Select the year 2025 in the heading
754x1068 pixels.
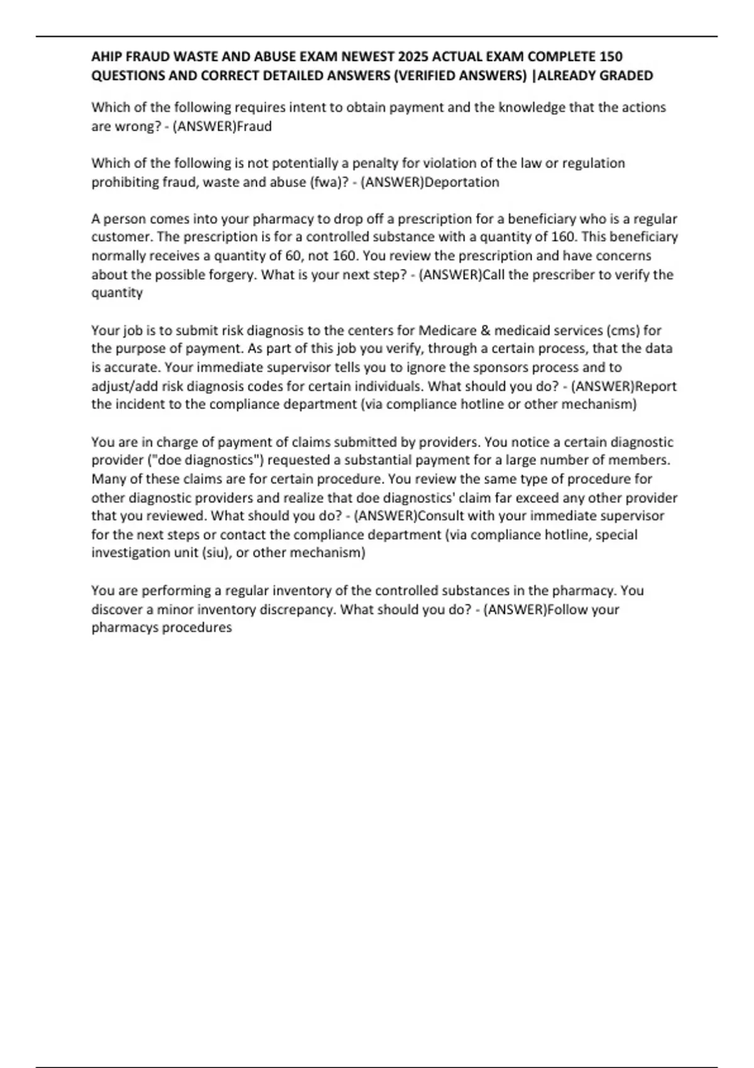[x=406, y=57]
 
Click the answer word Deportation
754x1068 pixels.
[x=462, y=182]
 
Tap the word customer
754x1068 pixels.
[x=120, y=237]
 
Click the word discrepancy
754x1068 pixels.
[x=299, y=609]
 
